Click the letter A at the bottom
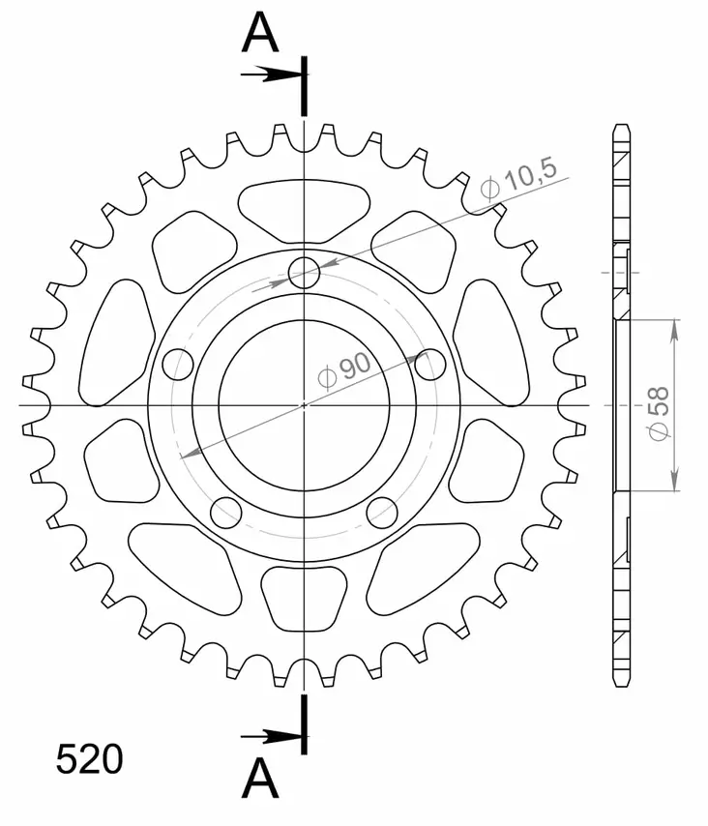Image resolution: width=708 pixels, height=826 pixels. click(x=260, y=779)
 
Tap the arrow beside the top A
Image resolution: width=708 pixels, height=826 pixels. click(x=272, y=74)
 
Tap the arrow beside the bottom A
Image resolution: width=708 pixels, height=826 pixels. click(x=272, y=737)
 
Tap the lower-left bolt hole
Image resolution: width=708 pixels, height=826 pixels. click(x=226, y=512)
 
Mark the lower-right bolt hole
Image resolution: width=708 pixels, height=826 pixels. click(x=383, y=512)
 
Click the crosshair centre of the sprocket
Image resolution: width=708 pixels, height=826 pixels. click(x=305, y=404)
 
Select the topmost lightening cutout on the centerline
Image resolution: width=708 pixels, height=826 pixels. click(x=305, y=209)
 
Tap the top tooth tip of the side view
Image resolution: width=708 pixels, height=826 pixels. click(x=622, y=127)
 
